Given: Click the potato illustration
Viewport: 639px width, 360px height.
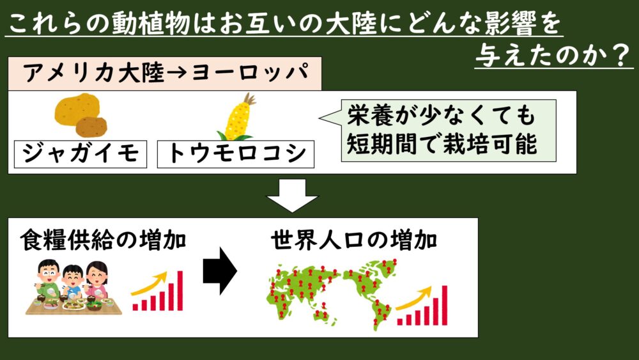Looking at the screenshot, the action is (81, 116).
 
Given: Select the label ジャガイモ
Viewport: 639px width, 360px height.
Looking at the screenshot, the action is (81, 154).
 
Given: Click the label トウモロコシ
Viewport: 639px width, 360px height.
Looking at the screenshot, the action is (236, 154).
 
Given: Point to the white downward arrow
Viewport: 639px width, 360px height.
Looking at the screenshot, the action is (292, 195).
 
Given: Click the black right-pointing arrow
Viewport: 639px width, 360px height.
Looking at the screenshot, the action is (220, 270).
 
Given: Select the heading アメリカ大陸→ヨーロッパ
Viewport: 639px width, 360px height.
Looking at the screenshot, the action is (165, 74).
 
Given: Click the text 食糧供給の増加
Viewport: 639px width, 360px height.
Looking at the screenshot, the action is (103, 240).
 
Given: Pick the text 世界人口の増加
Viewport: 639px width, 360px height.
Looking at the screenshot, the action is (354, 240).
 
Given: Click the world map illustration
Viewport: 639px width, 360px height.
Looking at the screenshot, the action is (332, 294).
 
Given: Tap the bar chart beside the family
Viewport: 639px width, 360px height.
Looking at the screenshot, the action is (157, 291).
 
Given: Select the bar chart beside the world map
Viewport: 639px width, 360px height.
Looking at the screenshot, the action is (422, 306).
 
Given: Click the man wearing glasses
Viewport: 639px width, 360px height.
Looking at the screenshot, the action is (49, 279).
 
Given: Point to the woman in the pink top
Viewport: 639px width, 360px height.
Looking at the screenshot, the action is (97, 281).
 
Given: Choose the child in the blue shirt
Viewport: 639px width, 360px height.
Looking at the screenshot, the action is (73, 282).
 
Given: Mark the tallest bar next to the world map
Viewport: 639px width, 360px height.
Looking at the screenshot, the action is (445, 305).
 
